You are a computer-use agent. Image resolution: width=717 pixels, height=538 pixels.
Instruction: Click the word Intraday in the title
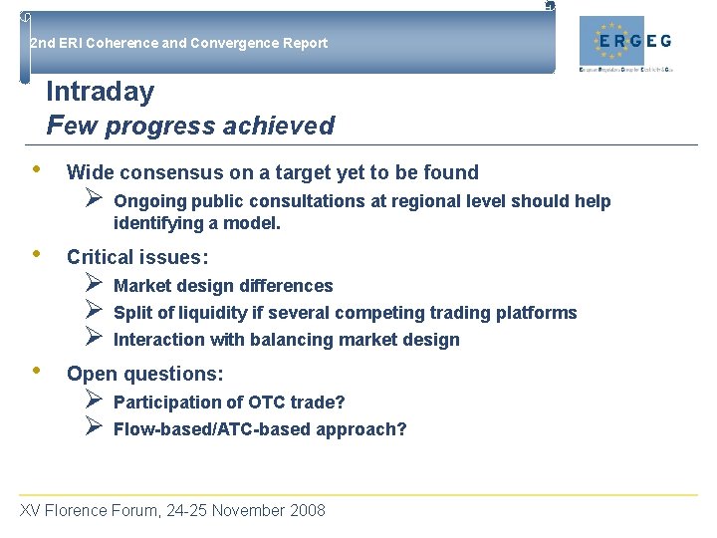coord(100,92)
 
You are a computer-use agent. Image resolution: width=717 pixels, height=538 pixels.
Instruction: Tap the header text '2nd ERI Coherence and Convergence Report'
coord(178,43)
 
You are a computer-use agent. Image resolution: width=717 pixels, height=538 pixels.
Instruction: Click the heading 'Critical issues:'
coord(137,257)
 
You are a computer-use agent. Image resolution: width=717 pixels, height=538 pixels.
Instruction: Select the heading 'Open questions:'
coord(144,374)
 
